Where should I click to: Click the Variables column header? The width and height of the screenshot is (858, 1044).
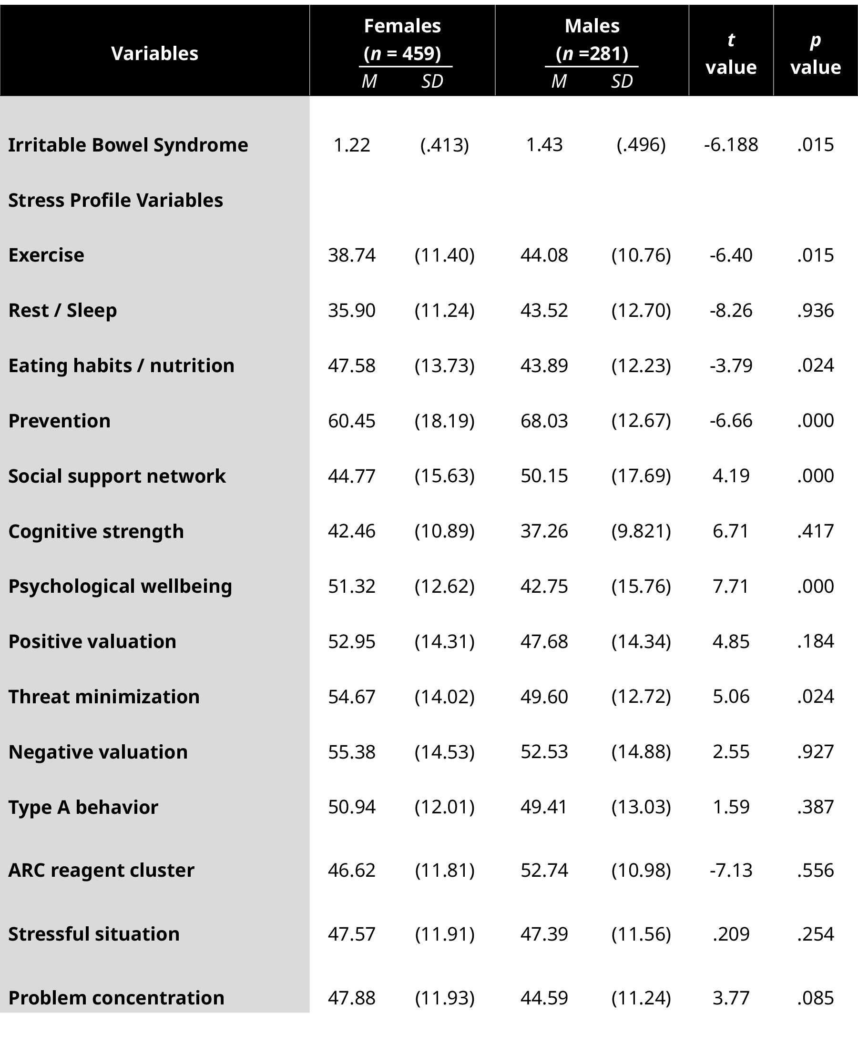pos(155,53)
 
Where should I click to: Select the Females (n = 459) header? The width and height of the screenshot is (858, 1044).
pos(402,40)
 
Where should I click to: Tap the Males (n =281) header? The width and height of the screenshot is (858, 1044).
pos(592,40)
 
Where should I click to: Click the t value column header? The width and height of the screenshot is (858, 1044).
pos(731,53)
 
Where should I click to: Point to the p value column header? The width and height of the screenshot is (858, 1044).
pos(816,53)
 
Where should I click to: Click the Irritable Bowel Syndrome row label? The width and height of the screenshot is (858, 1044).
pos(128,145)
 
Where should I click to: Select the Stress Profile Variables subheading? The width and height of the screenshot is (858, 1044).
pos(116,200)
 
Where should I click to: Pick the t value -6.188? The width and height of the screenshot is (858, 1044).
pos(731,145)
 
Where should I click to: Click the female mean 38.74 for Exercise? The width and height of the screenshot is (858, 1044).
pos(351,255)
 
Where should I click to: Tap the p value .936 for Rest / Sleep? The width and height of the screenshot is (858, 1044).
pos(816,310)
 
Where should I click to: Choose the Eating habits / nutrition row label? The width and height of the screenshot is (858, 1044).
pos(122,365)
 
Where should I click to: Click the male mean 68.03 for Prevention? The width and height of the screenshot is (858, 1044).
pos(544,421)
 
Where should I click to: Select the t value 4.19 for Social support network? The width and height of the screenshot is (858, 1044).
pos(731,476)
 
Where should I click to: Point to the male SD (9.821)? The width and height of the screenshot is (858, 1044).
pos(641,531)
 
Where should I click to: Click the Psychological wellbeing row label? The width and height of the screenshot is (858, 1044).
pos(120,587)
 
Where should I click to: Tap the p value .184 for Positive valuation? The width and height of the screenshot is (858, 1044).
pos(816,641)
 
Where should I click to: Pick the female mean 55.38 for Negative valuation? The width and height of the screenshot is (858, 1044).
pos(351,752)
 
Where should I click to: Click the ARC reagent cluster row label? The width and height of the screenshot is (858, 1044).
pos(102,870)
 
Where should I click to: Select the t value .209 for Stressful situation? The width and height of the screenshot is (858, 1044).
pos(731,934)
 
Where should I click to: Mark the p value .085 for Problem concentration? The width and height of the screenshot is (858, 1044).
pos(816,998)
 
